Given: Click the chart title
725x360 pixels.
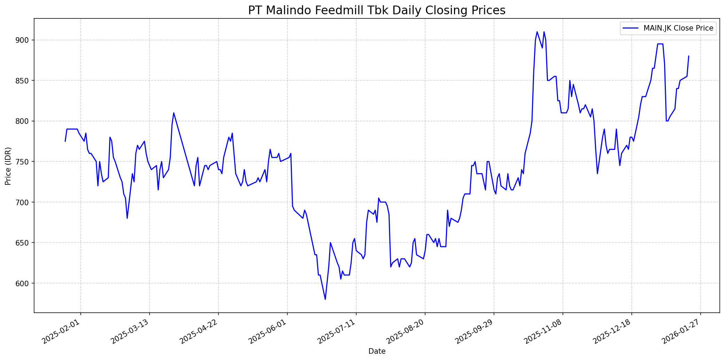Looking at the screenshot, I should (x=377, y=10).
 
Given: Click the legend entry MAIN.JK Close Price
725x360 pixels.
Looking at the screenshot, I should (x=678, y=28).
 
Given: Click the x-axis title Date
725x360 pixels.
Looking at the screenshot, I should (x=377, y=351).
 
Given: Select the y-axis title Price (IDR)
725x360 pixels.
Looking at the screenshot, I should (x=8, y=166).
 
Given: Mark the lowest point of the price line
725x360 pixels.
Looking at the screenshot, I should (x=325, y=299).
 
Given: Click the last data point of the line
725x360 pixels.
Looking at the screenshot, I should (x=688, y=56).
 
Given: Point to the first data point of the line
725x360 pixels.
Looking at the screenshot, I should (x=65, y=141).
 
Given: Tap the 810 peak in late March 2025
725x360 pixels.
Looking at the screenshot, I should (x=174, y=113).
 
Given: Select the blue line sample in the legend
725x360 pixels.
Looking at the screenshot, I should (x=631, y=28).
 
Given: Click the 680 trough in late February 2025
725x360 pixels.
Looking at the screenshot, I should (x=127, y=218).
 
